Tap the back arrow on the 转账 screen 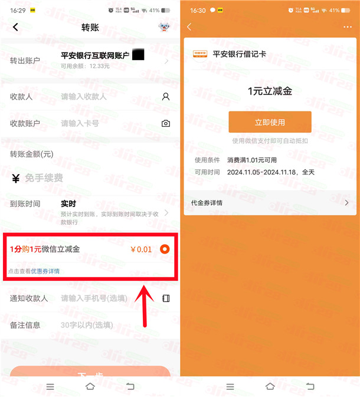tap(15, 27)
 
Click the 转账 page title tap(90, 27)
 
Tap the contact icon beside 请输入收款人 tap(166, 96)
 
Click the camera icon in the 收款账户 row tap(166, 123)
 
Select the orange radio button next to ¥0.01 tap(165, 249)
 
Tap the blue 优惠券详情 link tap(45, 271)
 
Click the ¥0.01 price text tap(140, 250)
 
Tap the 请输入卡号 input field tap(80, 123)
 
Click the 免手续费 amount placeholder tap(44, 178)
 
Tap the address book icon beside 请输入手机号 tap(166, 298)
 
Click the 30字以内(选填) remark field tap(87, 325)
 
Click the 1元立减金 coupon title tap(270, 91)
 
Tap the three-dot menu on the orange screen tap(347, 27)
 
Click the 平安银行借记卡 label tap(239, 54)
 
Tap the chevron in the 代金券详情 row tap(346, 203)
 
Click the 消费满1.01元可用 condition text tap(252, 160)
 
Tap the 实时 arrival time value tap(69, 204)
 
